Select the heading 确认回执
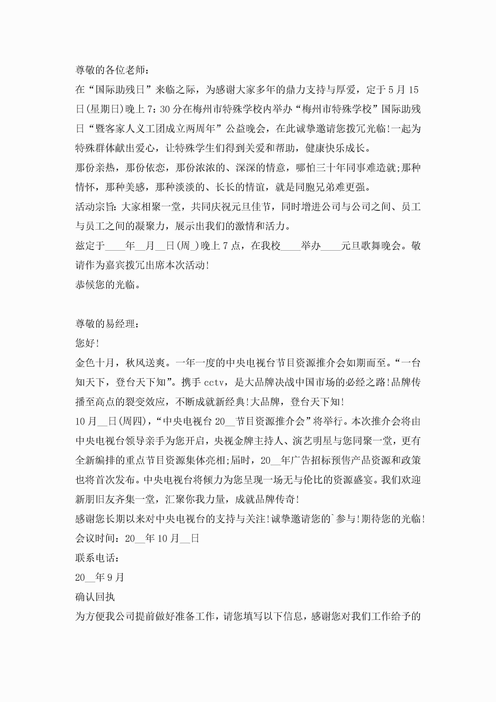point(95,597)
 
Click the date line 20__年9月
point(100,578)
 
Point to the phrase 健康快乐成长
point(335,148)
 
